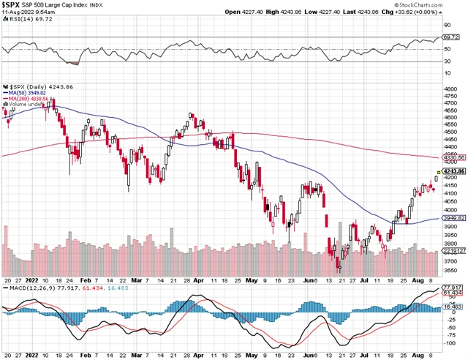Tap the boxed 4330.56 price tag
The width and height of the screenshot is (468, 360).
(x=453, y=157)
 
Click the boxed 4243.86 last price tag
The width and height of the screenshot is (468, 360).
(x=453, y=170)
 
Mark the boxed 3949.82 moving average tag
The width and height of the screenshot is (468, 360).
(x=453, y=218)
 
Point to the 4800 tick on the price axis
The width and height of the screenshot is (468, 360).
(x=450, y=89)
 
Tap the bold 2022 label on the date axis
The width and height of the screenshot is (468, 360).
(x=31, y=280)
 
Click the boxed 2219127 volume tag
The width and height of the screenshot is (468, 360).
(x=454, y=252)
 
